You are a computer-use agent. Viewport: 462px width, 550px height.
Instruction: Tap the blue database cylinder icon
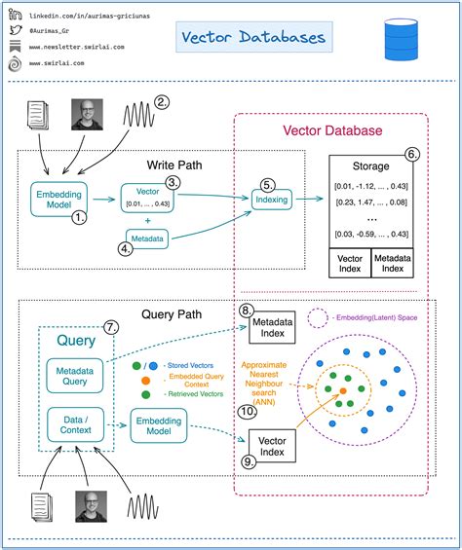(399, 38)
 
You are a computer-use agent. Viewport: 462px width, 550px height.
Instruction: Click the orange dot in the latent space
(343, 391)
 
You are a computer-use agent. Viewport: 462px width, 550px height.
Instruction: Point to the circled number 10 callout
(248, 412)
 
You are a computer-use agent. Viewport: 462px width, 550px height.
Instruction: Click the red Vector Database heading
(332, 130)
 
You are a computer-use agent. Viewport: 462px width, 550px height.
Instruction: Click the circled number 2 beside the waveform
(162, 101)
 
